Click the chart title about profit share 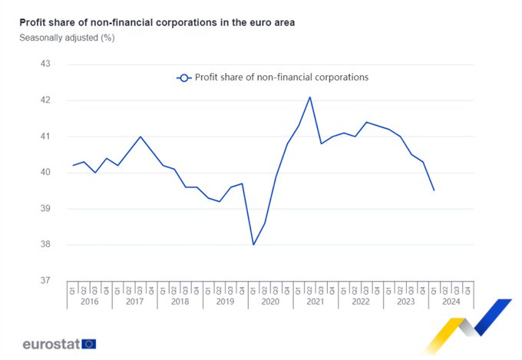click(x=157, y=23)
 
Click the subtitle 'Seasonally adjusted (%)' click(x=67, y=38)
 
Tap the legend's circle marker click(x=183, y=78)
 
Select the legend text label click(x=282, y=78)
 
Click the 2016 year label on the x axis click(x=90, y=302)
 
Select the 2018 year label click(x=180, y=302)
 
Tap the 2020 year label click(x=271, y=302)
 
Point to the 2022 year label click(x=361, y=302)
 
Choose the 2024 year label click(x=451, y=302)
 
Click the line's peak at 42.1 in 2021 click(x=309, y=97)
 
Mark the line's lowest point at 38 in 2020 click(x=253, y=245)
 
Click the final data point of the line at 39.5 click(x=434, y=190)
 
